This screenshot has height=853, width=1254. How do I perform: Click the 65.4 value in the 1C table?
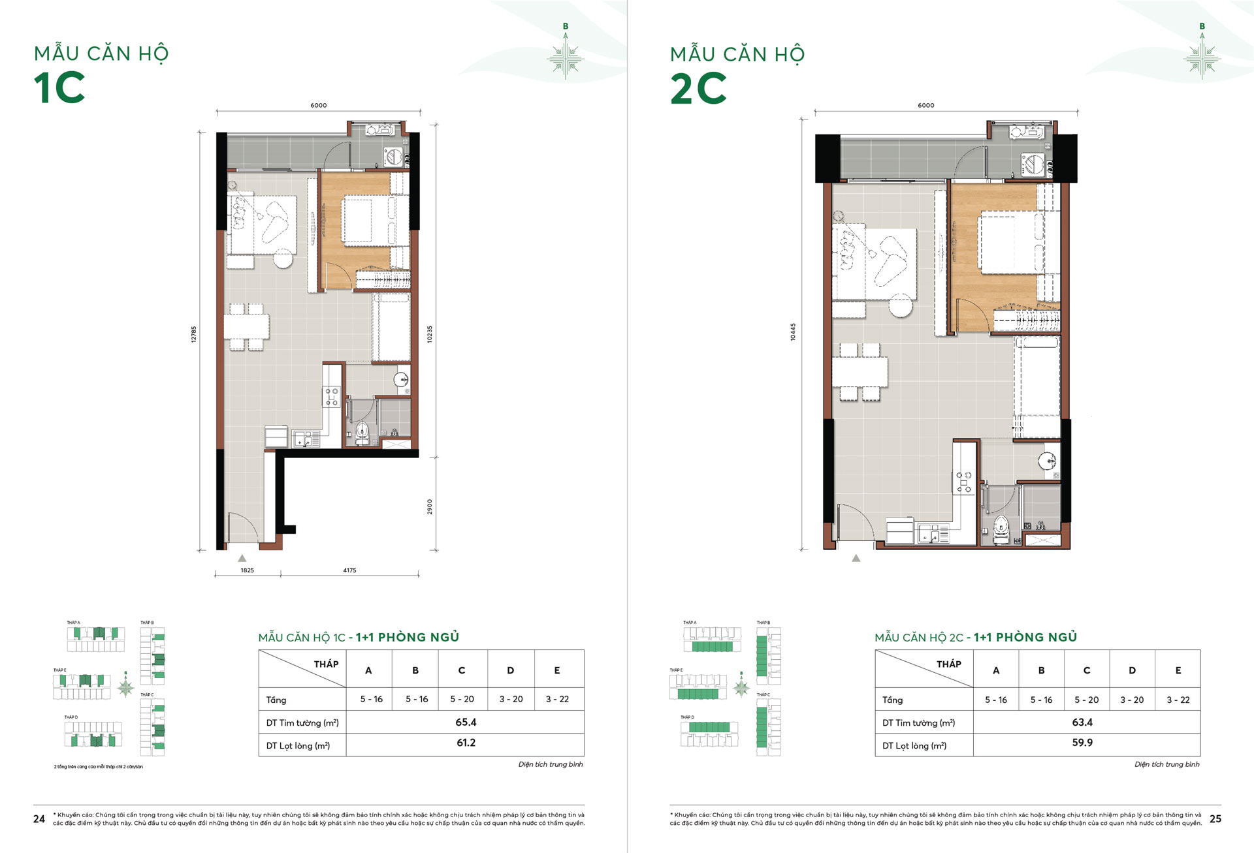[466, 722]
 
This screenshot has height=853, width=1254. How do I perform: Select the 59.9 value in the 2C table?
[1082, 743]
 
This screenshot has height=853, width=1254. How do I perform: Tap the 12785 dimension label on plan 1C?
[194, 334]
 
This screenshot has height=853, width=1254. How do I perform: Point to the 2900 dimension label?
[430, 506]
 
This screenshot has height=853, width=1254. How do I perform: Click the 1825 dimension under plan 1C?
[247, 570]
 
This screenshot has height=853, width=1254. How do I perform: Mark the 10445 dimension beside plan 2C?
[793, 332]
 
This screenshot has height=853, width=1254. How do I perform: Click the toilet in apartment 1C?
[362, 433]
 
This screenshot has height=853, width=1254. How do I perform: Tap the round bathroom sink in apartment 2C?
[1048, 461]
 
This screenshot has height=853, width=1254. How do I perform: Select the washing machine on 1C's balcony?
[393, 157]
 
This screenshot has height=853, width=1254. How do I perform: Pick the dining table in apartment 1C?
[246, 326]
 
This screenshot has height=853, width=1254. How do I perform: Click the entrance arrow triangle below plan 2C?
[856, 559]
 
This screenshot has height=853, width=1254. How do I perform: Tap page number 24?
[39, 819]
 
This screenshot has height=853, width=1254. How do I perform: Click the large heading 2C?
[698, 88]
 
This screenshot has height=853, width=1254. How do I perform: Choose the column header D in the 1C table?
[510, 670]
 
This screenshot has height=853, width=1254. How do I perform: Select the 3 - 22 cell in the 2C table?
[1178, 700]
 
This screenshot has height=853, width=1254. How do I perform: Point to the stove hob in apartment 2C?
[964, 482]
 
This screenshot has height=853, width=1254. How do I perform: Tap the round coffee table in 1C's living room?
[283, 258]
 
